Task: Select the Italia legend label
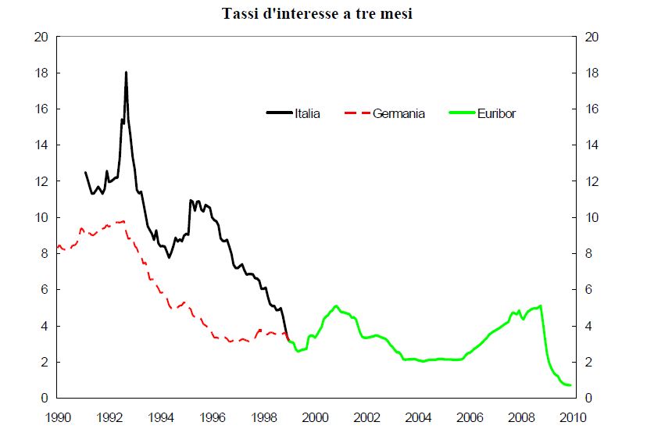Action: pos(307,113)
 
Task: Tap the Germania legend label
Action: pos(399,113)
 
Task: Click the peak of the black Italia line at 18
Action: pos(126,73)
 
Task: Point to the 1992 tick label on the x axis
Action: pos(109,417)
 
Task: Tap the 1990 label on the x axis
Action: pos(59,417)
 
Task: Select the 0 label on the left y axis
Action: pos(46,399)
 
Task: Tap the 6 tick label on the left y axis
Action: pos(46,290)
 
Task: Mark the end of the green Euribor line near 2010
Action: pos(570,385)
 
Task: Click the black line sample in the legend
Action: pos(279,113)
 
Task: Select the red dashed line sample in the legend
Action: pos(356,113)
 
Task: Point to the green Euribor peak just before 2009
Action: pos(541,306)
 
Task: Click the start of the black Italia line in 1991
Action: pos(85,172)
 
